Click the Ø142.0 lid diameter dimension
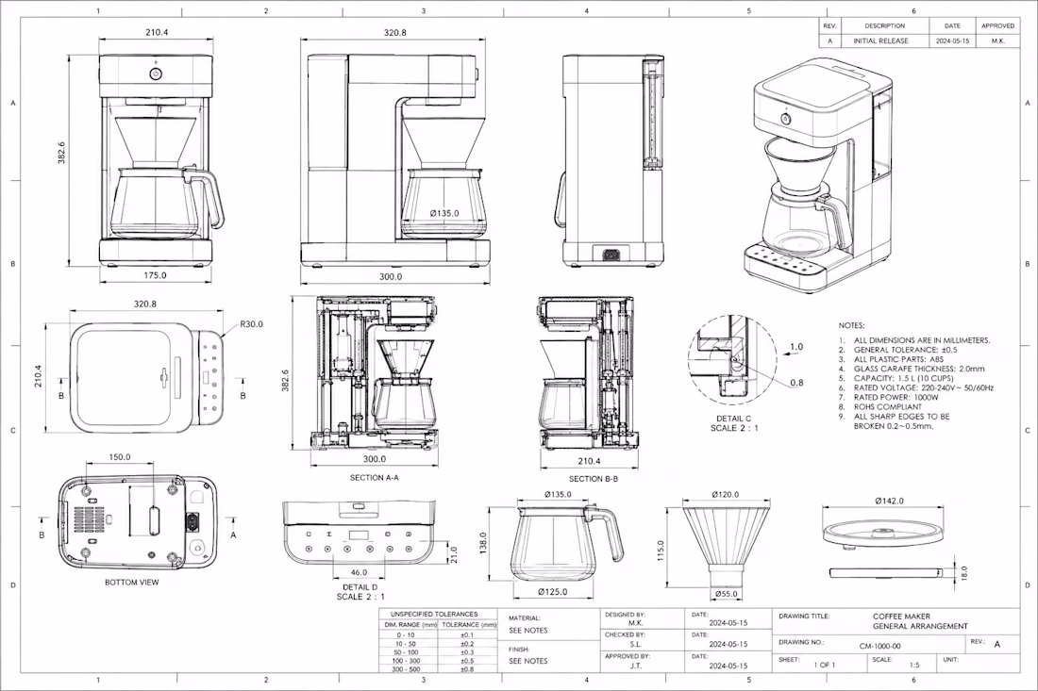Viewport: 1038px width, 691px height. click(x=889, y=502)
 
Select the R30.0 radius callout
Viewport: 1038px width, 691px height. click(x=251, y=324)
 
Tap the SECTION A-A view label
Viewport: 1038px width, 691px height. click(x=374, y=477)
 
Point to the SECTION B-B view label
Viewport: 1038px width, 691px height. click(x=594, y=479)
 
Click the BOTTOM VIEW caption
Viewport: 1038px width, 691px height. click(x=132, y=583)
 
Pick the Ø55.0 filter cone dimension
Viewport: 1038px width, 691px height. click(x=727, y=594)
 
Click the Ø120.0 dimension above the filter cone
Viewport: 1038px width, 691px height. click(x=726, y=495)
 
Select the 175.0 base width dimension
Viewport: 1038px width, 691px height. click(x=155, y=275)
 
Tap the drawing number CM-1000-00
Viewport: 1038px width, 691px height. click(x=879, y=646)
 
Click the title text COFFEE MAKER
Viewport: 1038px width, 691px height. click(x=901, y=617)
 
